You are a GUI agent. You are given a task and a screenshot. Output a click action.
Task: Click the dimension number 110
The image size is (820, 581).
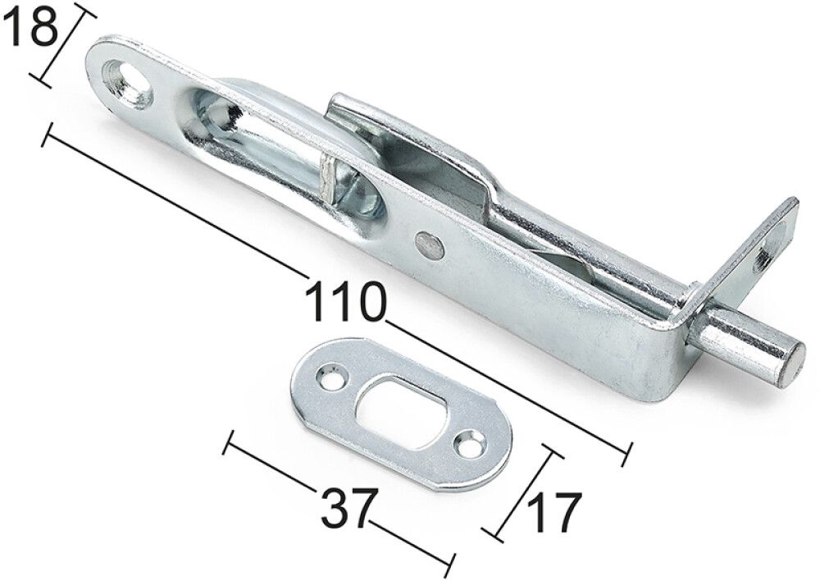coord(344,301)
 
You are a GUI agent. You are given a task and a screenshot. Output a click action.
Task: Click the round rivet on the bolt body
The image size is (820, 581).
coord(429,244)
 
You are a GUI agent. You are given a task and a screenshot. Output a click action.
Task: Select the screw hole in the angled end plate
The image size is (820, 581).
coord(763,259)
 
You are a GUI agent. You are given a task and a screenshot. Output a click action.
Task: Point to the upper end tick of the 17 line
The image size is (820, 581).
coord(553,452)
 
